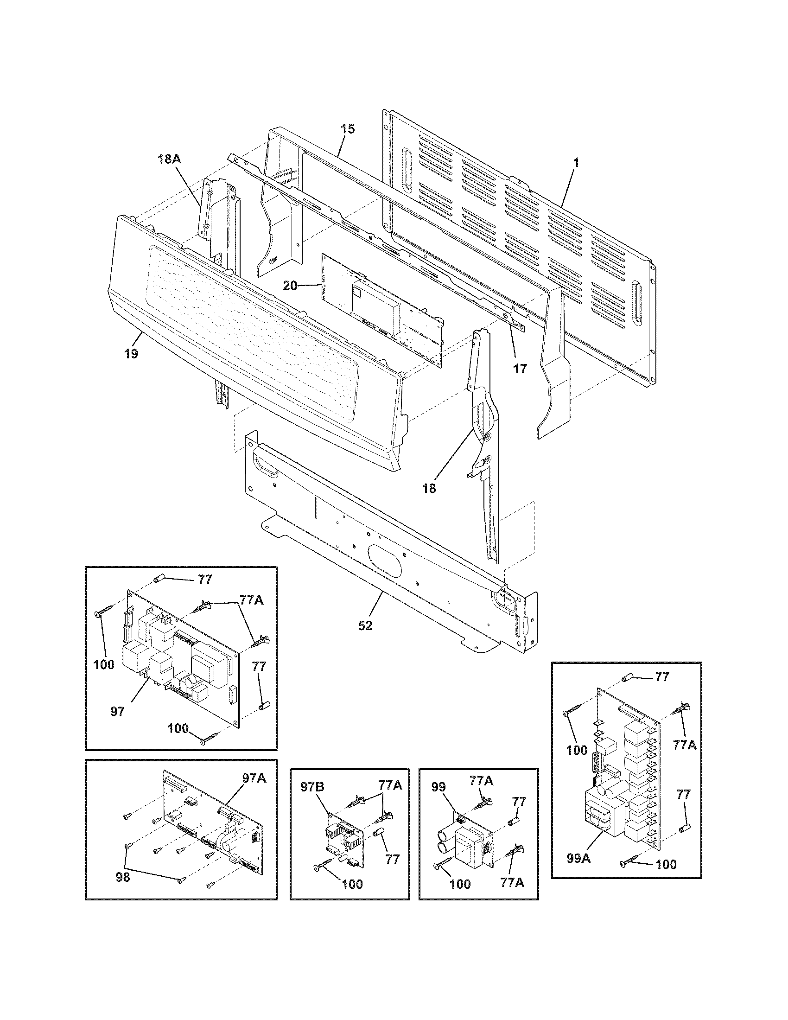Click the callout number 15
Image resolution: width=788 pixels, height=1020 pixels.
tap(347, 129)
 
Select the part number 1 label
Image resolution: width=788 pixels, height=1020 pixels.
tap(576, 163)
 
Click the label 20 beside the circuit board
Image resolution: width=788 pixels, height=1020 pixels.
tap(290, 285)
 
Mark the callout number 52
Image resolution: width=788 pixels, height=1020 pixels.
tap(366, 625)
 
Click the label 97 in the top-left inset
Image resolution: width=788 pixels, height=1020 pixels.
tap(118, 712)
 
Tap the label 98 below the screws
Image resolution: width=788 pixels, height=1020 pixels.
tap(123, 878)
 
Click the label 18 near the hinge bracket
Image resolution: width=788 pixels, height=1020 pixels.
tap(429, 488)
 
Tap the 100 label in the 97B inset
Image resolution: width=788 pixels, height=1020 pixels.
tap(352, 884)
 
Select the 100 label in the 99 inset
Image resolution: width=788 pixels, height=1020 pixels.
tap(460, 884)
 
